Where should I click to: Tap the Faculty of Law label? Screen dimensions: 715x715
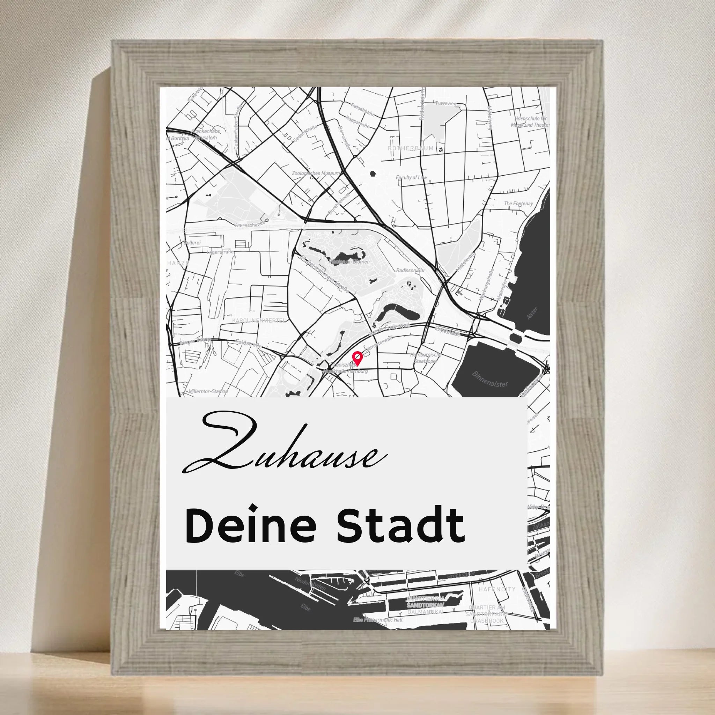point(412,178)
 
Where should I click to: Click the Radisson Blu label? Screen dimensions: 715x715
point(410,271)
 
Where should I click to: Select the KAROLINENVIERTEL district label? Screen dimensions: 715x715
point(259,320)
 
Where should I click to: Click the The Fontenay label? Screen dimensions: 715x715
point(518,204)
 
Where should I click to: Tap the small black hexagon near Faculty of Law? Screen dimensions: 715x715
point(372,173)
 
